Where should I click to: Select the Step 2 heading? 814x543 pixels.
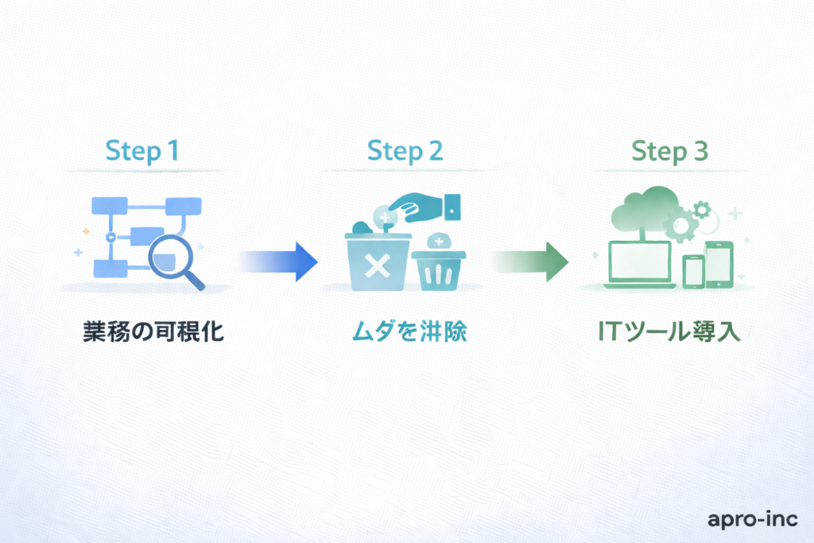405,151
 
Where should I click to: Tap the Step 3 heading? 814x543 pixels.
669,151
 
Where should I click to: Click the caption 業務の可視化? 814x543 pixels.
153,332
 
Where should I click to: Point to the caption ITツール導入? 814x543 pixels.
669,332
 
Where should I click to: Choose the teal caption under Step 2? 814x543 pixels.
409,332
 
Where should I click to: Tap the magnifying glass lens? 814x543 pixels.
169,256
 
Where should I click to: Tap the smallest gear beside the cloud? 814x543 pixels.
701,209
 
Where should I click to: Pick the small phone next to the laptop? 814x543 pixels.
694,272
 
